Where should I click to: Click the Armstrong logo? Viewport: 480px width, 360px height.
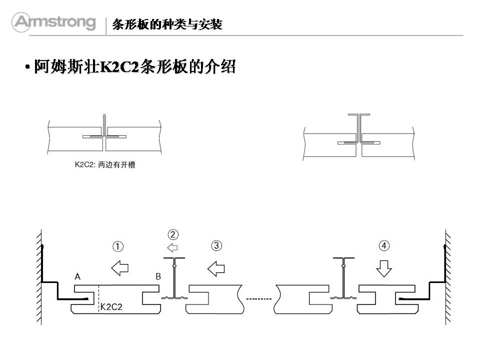(54, 22)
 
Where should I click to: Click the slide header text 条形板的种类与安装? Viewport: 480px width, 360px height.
(167, 24)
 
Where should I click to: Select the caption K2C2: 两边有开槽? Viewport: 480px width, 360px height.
(104, 164)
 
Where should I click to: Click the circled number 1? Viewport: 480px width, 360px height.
(118, 246)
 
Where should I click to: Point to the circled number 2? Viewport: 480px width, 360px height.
(173, 234)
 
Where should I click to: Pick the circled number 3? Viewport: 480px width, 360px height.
(216, 245)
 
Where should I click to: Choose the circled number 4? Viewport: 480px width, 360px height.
(384, 245)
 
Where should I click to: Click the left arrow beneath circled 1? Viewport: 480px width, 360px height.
(119, 268)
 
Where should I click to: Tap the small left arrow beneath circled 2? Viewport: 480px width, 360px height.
(172, 247)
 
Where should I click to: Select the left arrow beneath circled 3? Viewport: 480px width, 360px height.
(216, 268)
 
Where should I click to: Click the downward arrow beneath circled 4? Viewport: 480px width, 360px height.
(384, 268)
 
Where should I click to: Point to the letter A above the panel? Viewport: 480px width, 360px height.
(77, 276)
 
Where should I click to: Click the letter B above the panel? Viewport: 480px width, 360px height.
(158, 276)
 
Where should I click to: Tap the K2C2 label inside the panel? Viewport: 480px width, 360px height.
(111, 306)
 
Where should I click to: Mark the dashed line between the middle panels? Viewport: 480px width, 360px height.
(258, 299)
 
